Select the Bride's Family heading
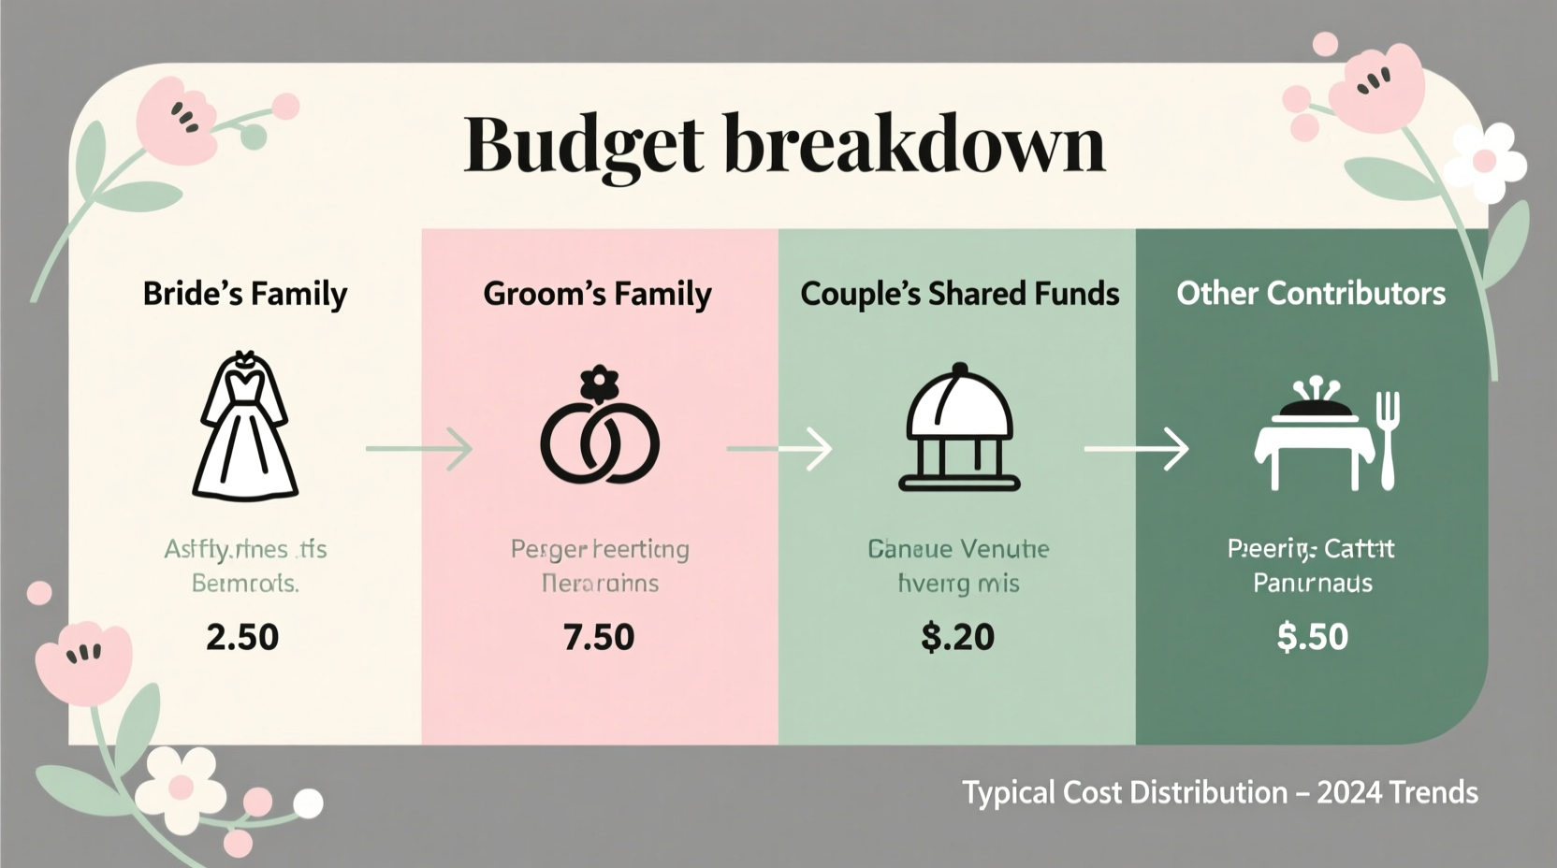(x=245, y=294)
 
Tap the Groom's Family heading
(x=597, y=294)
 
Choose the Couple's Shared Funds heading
(x=959, y=294)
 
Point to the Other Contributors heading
(x=1311, y=294)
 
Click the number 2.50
(x=242, y=637)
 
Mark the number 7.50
(x=599, y=637)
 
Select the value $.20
(x=957, y=637)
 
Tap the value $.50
(x=1312, y=637)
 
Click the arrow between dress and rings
(x=419, y=449)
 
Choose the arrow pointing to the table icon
(x=1136, y=449)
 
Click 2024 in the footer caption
(x=1348, y=793)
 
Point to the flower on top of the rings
(x=600, y=383)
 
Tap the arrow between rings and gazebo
(x=779, y=449)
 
